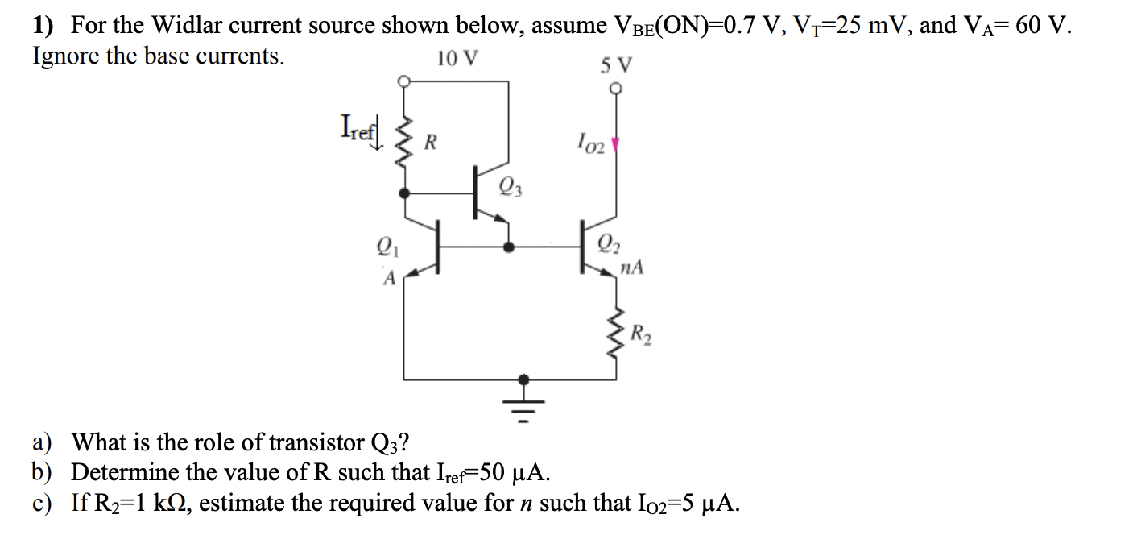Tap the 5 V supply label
pos(616,64)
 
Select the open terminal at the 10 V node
pos(405,81)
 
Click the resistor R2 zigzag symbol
pos(617,332)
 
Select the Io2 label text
pos(589,145)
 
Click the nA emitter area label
pos(632,267)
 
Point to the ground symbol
pos(524,407)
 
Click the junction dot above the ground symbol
pos(524,379)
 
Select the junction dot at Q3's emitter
pos(508,247)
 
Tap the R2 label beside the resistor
pos(642,333)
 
